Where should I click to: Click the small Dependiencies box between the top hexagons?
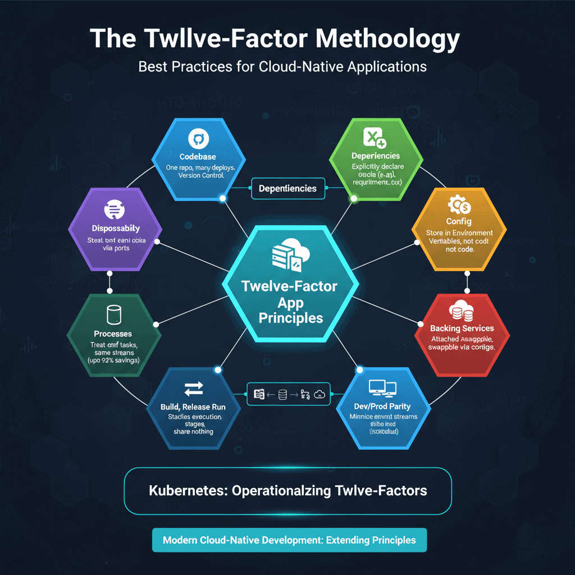pos(287,189)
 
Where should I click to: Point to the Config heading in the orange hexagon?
pos(459,221)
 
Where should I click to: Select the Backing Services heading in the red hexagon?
pos(462,328)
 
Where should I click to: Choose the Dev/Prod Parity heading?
pos(384,406)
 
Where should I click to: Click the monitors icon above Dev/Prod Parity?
pos(382,388)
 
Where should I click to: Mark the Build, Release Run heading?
pos(194,407)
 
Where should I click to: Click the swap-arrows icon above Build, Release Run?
pos(193,389)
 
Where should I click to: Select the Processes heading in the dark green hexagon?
pos(113,334)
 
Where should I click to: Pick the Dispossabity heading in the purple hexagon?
pos(116,229)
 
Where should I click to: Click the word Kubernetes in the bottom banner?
pos(187,490)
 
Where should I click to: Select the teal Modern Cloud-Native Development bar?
pos(289,540)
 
